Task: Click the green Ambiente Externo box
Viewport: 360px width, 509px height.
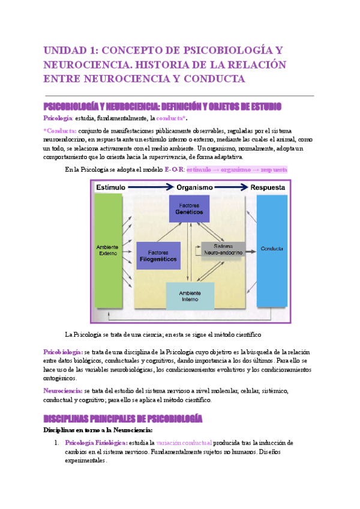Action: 108,249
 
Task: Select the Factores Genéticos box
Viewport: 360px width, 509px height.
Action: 190,209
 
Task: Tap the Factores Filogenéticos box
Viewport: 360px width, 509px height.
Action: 158,256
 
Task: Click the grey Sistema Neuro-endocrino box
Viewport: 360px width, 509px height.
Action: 223,249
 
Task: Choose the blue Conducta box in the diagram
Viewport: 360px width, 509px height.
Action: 272,248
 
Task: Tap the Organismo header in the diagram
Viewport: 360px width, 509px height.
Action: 194,187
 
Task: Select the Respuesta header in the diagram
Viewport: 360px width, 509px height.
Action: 268,187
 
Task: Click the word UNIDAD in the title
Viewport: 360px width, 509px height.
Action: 65,50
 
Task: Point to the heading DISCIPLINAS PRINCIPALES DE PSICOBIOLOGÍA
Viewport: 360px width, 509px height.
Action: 122,418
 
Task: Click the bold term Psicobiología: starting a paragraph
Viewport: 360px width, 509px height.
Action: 63,351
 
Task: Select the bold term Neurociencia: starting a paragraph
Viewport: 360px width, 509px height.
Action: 63,391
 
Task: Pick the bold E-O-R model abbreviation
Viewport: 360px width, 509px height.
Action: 174,170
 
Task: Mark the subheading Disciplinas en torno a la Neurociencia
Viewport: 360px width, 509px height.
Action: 98,430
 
